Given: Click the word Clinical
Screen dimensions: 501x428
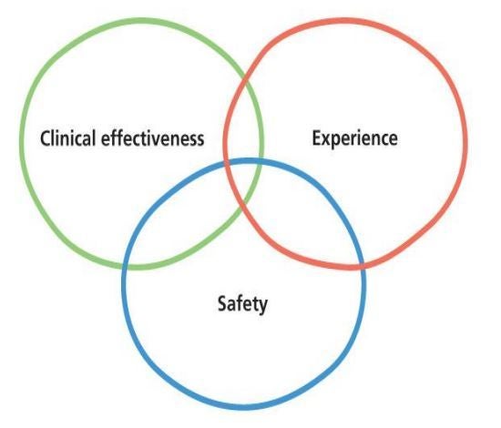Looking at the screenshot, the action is point(67,138).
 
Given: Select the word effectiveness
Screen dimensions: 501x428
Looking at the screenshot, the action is point(153,138).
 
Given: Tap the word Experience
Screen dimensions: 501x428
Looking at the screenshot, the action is point(354,138).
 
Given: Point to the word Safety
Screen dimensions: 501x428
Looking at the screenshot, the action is point(242,304).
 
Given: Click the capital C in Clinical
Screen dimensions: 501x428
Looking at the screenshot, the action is point(46,138).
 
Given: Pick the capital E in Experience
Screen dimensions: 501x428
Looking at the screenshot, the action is point(317,138).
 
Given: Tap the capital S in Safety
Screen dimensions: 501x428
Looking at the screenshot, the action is point(222,303).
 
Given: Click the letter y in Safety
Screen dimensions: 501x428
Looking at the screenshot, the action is point(262,307).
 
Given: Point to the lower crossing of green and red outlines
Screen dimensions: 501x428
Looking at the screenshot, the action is point(244,204).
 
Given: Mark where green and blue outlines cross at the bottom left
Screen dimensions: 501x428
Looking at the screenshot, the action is point(126,267).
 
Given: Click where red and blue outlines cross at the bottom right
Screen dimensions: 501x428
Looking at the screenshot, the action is point(362,265).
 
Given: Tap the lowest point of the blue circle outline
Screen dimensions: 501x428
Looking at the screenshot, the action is point(246,407).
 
